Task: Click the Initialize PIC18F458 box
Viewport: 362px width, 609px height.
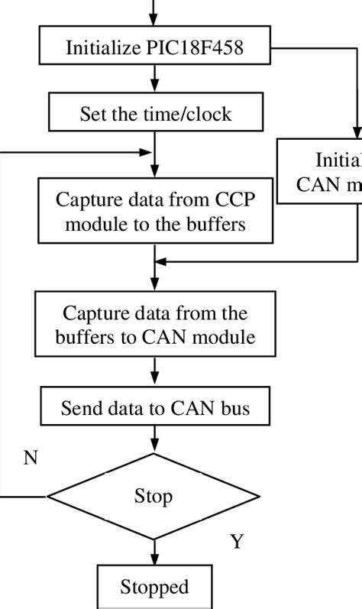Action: pyautogui.click(x=156, y=48)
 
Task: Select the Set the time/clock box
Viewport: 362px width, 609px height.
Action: pyautogui.click(x=156, y=114)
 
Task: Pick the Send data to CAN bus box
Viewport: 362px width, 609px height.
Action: pyautogui.click(x=156, y=409)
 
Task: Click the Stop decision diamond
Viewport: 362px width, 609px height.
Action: pyautogui.click(x=154, y=496)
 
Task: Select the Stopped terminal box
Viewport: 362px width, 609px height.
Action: pyautogui.click(x=154, y=587)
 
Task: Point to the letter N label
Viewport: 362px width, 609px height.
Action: pyautogui.click(x=31, y=458)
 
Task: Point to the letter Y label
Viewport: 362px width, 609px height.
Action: pyautogui.click(x=237, y=542)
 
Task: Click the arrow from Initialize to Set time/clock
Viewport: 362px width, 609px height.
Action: pyautogui.click(x=156, y=79)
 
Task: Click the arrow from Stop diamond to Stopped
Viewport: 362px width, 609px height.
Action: pyautogui.click(x=155, y=552)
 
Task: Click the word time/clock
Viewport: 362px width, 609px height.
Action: pyautogui.click(x=196, y=114)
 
